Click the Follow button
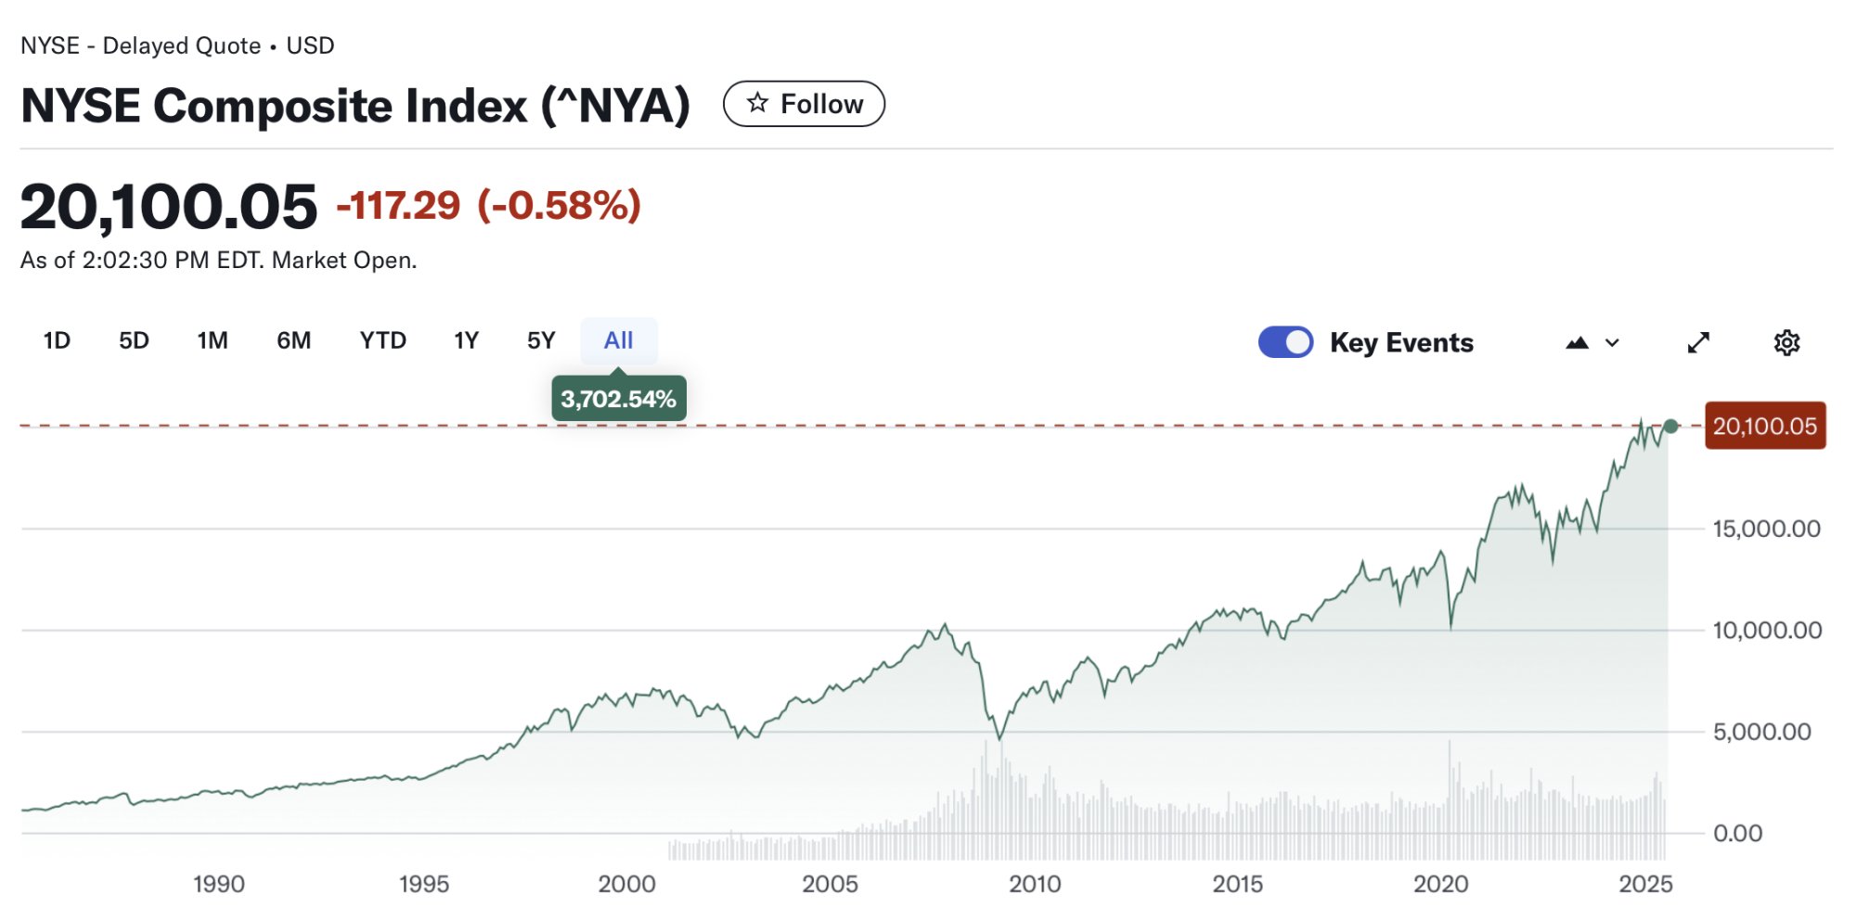click(804, 104)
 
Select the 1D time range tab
click(57, 340)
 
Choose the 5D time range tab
click(134, 340)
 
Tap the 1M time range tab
click(213, 340)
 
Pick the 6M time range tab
click(293, 340)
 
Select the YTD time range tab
click(382, 340)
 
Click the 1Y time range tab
click(466, 340)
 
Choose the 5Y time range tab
click(541, 340)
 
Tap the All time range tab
click(619, 340)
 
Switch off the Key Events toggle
click(1285, 342)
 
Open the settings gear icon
click(1786, 343)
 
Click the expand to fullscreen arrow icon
click(1698, 343)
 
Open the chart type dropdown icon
click(1592, 343)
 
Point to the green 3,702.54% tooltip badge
click(619, 399)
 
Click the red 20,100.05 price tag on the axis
click(1764, 426)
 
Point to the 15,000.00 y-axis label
click(1766, 529)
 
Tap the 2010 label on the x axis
click(1035, 884)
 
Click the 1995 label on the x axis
click(424, 884)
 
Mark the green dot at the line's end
click(1671, 427)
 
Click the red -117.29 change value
click(398, 206)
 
